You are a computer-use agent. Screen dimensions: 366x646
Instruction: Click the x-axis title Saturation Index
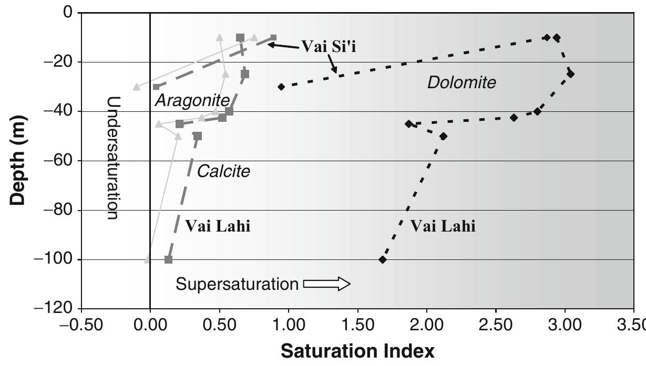(x=357, y=351)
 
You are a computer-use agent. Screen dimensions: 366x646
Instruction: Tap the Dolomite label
(x=461, y=82)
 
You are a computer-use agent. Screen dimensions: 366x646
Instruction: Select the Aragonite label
(x=192, y=100)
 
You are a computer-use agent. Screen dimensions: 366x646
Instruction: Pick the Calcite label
(x=223, y=171)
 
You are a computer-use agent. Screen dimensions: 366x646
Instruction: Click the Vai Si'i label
(x=332, y=46)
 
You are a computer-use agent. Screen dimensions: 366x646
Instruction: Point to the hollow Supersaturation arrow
(x=327, y=284)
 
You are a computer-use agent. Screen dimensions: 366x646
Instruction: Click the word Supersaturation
(x=237, y=284)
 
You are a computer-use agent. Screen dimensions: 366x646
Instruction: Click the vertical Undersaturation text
(x=112, y=158)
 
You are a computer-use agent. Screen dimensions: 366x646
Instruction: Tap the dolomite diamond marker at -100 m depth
(x=383, y=259)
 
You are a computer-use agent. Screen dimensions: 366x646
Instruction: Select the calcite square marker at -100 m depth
(x=168, y=259)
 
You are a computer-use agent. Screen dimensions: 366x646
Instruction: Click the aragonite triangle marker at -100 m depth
(x=148, y=259)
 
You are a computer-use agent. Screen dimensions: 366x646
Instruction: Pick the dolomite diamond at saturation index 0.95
(x=281, y=87)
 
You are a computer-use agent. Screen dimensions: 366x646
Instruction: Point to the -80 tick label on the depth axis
(x=57, y=210)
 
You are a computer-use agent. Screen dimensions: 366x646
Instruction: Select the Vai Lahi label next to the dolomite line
(x=443, y=226)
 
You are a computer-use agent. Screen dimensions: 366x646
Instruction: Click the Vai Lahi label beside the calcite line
(x=218, y=226)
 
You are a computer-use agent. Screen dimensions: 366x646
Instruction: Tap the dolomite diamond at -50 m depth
(x=443, y=136)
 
